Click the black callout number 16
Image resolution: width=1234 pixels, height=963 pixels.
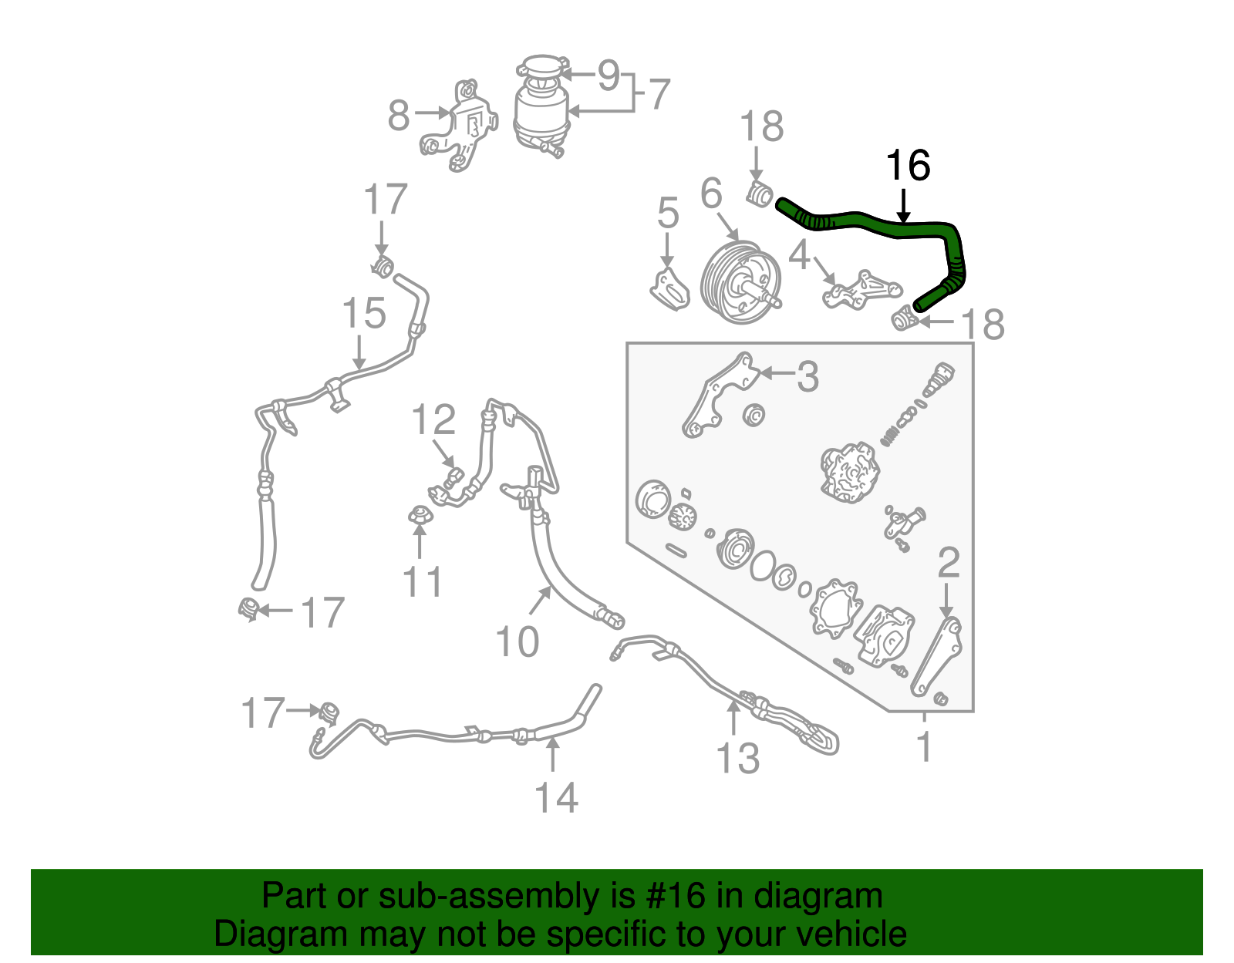coord(908,166)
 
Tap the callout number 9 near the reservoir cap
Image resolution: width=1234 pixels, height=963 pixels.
coord(609,76)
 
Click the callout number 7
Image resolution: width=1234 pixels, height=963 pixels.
coord(659,95)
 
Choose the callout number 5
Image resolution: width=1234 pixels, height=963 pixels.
coord(668,213)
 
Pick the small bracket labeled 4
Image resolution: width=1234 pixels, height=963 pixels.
coord(860,289)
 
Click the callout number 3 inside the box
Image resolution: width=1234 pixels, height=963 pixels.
coord(807,376)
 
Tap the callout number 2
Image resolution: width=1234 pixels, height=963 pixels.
coord(948,563)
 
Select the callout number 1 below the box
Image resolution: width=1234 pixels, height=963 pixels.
coord(924,747)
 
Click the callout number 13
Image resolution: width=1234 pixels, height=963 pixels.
coord(738,758)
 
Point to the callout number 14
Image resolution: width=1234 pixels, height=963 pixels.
coord(556,797)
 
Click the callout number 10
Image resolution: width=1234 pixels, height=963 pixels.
coord(517,641)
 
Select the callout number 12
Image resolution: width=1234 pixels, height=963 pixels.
coord(433,420)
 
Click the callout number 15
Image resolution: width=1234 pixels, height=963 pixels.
coord(364,314)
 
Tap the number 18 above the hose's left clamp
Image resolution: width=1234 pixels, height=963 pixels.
coord(761,126)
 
